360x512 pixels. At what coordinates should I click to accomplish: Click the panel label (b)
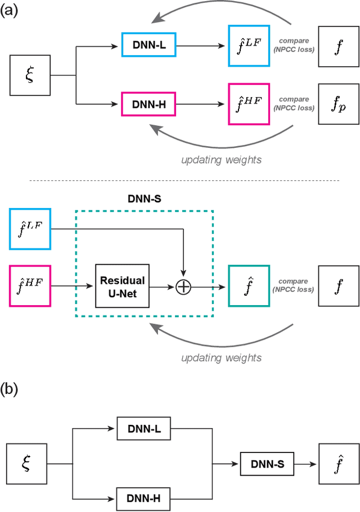pyautogui.click(x=11, y=391)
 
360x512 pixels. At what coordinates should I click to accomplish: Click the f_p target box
pyautogui.click(x=337, y=104)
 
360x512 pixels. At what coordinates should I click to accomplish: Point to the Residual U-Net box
pyautogui.click(x=123, y=286)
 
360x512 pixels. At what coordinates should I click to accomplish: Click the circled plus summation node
pyautogui.click(x=184, y=287)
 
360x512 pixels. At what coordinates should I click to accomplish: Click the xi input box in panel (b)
pyautogui.click(x=26, y=464)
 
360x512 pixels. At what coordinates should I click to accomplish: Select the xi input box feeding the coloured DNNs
pyautogui.click(x=30, y=75)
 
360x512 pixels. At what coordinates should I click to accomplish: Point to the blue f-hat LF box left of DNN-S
pyautogui.click(x=30, y=228)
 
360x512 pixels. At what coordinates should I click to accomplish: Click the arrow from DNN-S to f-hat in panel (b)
pyautogui.click(x=303, y=464)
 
